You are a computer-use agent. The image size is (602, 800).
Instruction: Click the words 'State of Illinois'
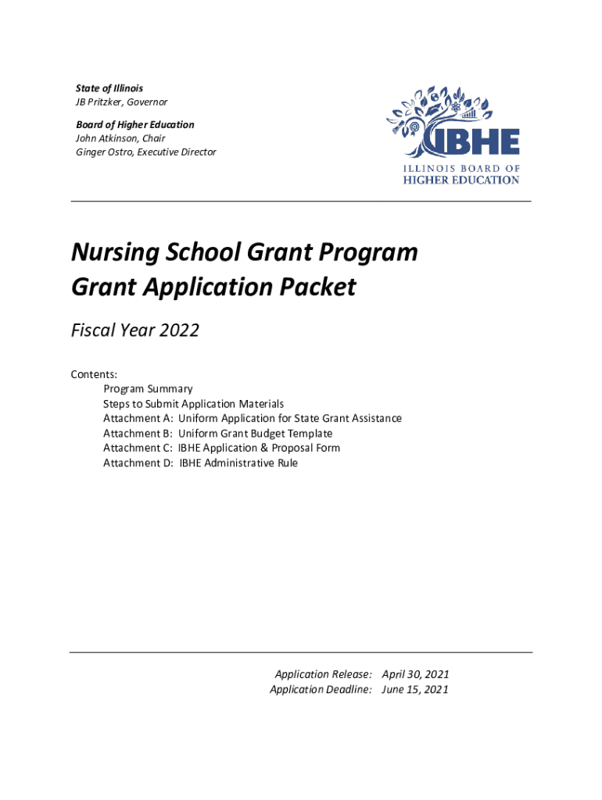pos(109,88)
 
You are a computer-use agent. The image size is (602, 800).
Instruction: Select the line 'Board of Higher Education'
pos(135,125)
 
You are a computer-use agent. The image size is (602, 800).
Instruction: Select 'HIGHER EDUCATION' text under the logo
pos(460,180)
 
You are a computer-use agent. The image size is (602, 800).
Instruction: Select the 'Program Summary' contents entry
pos(148,389)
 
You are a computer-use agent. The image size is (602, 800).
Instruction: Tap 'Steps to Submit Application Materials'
pos(193,404)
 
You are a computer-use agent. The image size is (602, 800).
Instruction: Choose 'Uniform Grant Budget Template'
pos(255,434)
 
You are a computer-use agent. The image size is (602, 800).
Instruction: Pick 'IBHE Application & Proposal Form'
pos(259,448)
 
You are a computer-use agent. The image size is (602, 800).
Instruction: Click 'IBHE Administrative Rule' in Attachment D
pos(238,463)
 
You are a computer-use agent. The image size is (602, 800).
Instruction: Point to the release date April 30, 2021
pos(415,674)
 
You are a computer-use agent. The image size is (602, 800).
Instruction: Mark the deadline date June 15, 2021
pos(415,689)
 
